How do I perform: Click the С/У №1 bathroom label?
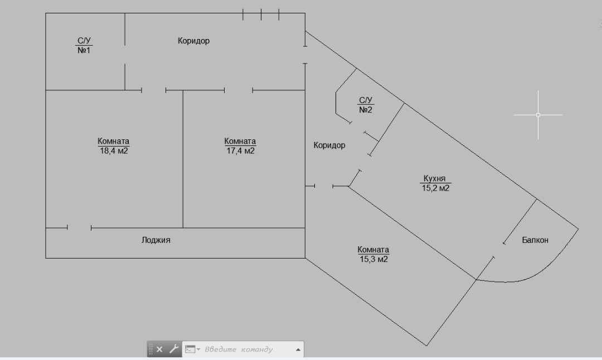click(84, 46)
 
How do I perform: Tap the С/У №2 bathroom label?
click(366, 105)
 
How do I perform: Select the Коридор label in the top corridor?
click(193, 41)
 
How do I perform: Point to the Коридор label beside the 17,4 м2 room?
click(329, 145)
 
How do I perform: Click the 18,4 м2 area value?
click(113, 151)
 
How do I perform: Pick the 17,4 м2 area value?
click(240, 151)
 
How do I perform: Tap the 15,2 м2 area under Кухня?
click(435, 188)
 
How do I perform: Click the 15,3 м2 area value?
click(373, 259)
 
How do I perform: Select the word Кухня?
click(434, 179)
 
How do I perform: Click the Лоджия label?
click(156, 240)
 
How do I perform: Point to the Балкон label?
click(535, 240)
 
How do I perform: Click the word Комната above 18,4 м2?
click(113, 142)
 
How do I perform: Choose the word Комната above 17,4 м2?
click(240, 142)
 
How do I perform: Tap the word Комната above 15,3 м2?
click(373, 250)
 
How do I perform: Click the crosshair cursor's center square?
click(538, 115)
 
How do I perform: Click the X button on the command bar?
click(159, 349)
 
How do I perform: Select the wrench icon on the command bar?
click(173, 349)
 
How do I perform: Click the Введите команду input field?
click(240, 349)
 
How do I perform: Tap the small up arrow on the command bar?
click(298, 350)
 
